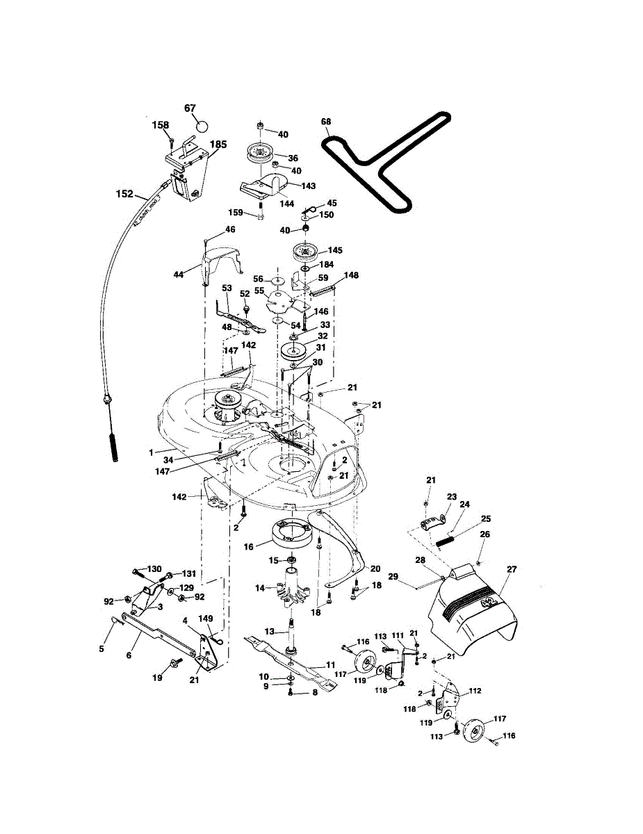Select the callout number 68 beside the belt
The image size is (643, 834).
[326, 122]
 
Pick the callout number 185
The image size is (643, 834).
[218, 145]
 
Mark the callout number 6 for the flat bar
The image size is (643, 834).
[129, 655]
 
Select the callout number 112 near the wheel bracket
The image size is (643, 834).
[475, 692]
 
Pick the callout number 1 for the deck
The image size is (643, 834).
[151, 452]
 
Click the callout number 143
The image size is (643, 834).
[307, 186]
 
